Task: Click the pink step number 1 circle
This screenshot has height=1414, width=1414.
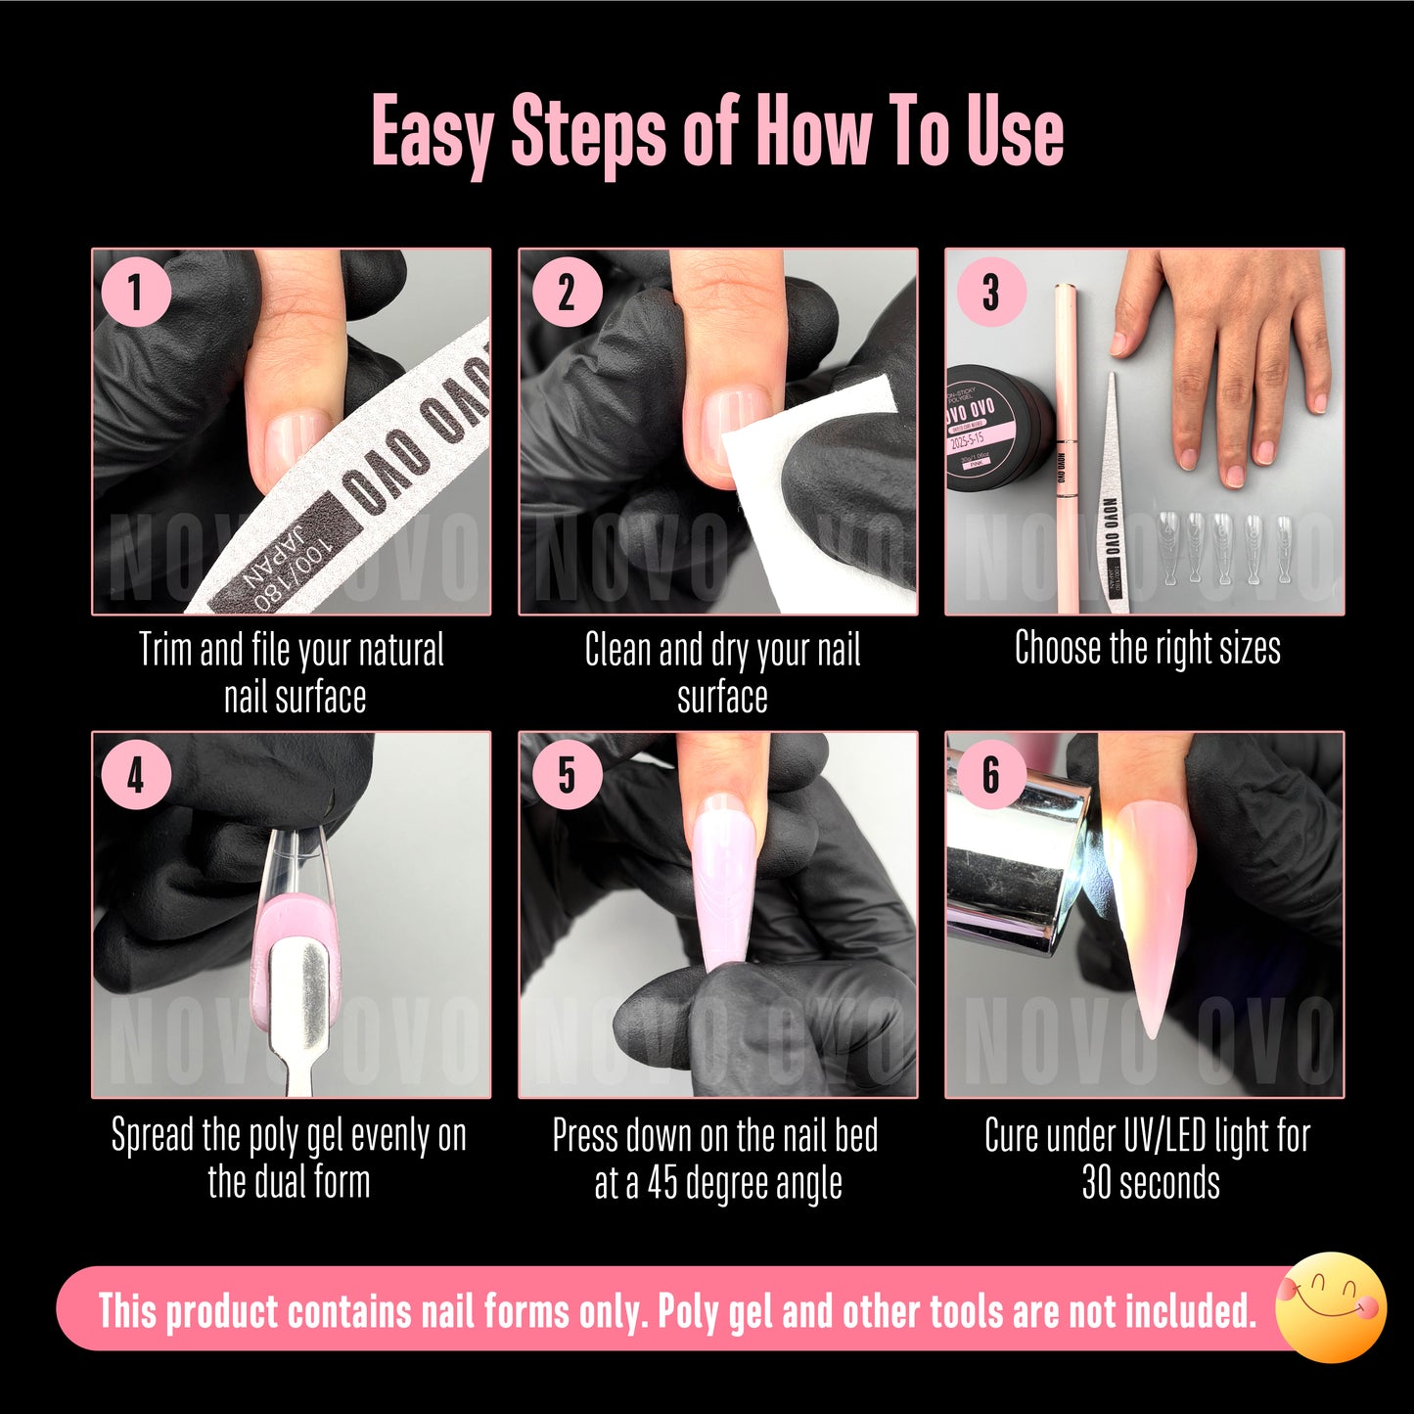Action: [136, 292]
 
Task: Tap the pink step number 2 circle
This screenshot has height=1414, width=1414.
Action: [566, 292]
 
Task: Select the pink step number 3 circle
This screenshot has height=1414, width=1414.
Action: [990, 292]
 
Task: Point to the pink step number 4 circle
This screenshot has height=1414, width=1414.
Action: [136, 776]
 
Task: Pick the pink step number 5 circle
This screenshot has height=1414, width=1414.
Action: [566, 776]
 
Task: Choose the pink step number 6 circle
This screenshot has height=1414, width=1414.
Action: [990, 776]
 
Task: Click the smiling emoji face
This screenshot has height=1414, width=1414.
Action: [1332, 1307]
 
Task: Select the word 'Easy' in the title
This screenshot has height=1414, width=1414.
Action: [431, 133]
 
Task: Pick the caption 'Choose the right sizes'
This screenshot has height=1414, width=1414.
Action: [1147, 648]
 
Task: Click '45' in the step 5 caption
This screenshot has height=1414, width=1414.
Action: [662, 1183]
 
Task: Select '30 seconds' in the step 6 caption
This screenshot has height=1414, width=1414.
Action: [1150, 1183]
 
